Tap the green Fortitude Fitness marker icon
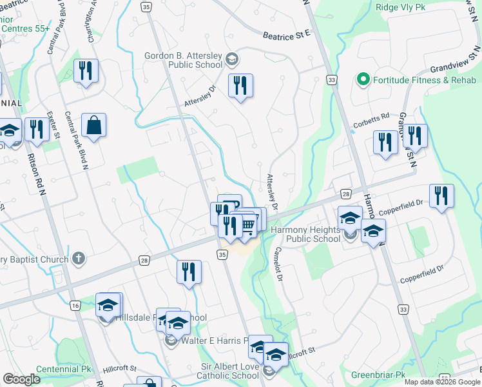363,80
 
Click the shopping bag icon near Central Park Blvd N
94,126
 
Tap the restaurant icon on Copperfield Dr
441,196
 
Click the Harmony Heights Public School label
305,235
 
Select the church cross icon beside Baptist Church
79,259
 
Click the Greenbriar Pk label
378,375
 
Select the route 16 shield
75,304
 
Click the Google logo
21,379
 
